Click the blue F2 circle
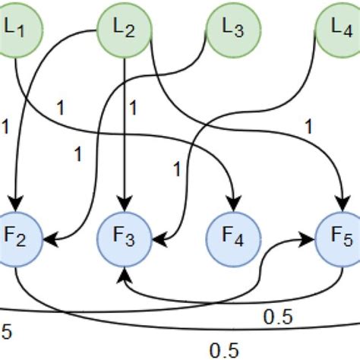point(17,240)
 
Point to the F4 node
point(232,240)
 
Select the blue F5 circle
point(339,240)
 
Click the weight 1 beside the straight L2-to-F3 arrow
point(134,107)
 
